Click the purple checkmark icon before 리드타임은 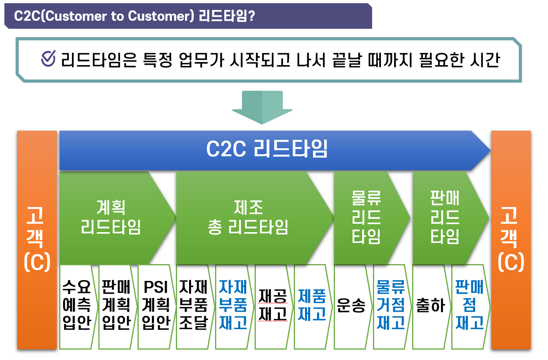[x=48, y=59]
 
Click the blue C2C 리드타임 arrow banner [x=267, y=150]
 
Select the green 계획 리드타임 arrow [x=111, y=218]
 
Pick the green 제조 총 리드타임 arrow [x=248, y=218]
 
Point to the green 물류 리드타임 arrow [x=367, y=218]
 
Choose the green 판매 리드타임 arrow [x=445, y=218]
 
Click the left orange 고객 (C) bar [x=37, y=240]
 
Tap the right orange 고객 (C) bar [x=510, y=240]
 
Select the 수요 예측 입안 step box [x=77, y=306]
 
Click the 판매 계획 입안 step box [x=116, y=306]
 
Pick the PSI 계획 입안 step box [x=155, y=306]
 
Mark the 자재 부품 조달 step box [x=193, y=306]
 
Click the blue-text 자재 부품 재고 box [x=233, y=306]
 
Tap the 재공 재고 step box [x=272, y=306]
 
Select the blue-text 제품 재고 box [x=312, y=306]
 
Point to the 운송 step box [x=351, y=306]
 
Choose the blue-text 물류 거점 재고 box [x=391, y=306]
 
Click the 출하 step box [x=430, y=306]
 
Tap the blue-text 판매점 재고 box [x=469, y=306]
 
